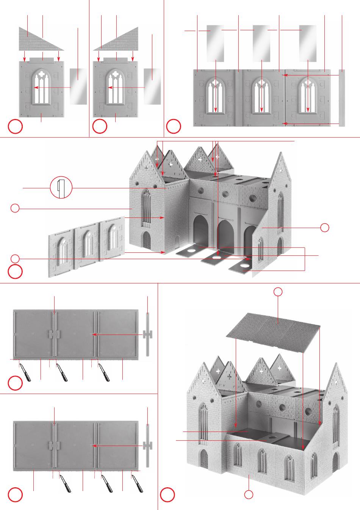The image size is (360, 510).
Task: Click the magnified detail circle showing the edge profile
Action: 61,188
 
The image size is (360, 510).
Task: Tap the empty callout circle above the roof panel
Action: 278,291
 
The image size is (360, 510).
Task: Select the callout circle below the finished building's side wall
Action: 248,494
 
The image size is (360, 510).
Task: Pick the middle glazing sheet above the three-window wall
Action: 261,43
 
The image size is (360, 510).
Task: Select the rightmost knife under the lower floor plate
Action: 137,483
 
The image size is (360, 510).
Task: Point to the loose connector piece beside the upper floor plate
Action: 147,334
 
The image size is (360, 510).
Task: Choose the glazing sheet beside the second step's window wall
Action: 152,86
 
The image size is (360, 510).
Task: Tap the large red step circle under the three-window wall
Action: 16,272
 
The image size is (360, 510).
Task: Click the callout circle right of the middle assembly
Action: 324,227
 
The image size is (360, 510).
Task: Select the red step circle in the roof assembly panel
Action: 167,494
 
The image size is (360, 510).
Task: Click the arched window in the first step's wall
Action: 41,87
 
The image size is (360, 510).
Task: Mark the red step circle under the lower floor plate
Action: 16,494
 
